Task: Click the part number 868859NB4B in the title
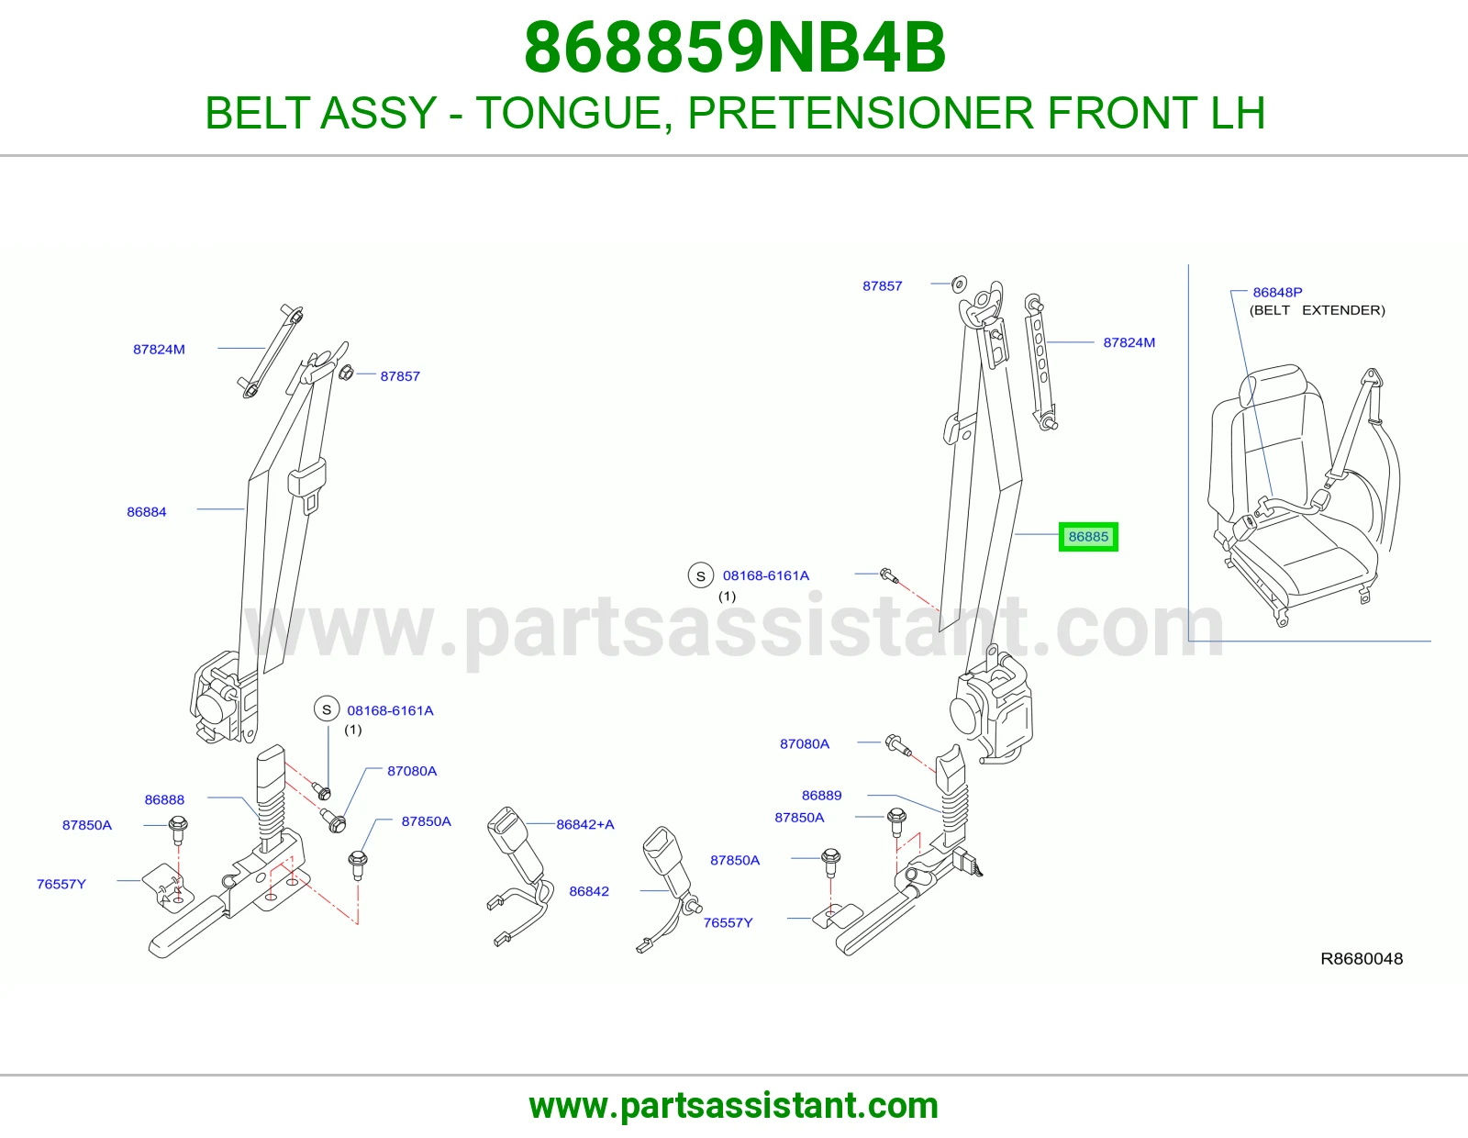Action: pyautogui.click(x=734, y=48)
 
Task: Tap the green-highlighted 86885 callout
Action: pyautogui.click(x=1088, y=537)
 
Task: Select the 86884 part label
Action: pyautogui.click(x=147, y=511)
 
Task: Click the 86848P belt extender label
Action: pyautogui.click(x=1277, y=292)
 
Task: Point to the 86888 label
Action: pyautogui.click(x=164, y=799)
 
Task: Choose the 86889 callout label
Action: pyautogui.click(x=821, y=796)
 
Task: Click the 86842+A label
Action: pyautogui.click(x=585, y=824)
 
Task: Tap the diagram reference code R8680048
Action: pyautogui.click(x=1362, y=958)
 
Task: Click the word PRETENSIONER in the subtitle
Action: pyautogui.click(x=861, y=113)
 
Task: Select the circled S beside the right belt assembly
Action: pyautogui.click(x=701, y=575)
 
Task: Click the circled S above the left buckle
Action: pyautogui.click(x=327, y=709)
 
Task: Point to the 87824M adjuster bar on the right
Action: pyautogui.click(x=1041, y=363)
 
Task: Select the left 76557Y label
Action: pyautogui.click(x=61, y=884)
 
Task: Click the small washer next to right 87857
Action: pyautogui.click(x=960, y=284)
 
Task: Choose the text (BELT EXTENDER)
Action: pyautogui.click(x=1317, y=310)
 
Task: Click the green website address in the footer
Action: pyautogui.click(x=734, y=1106)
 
